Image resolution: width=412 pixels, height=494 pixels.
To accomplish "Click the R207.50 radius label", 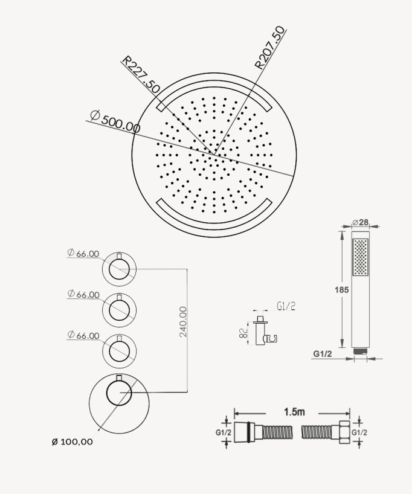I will (x=269, y=48).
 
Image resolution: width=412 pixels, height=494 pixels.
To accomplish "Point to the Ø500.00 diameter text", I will (x=115, y=121).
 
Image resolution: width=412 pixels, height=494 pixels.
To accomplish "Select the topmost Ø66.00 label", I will (x=83, y=254).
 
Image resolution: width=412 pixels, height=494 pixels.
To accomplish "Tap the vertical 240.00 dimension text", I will (x=183, y=321).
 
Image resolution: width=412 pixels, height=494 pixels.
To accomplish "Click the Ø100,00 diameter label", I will (x=72, y=441).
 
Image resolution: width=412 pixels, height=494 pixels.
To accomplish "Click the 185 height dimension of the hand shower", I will (x=341, y=290).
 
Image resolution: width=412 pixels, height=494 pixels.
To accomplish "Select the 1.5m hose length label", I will (x=294, y=412).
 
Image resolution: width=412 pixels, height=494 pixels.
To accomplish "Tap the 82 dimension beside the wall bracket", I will (x=243, y=333).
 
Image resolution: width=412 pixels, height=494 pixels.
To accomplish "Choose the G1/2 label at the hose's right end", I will (x=359, y=432).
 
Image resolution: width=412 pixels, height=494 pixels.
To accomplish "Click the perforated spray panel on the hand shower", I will (x=361, y=257).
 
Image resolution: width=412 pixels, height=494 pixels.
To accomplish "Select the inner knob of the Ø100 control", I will (x=119, y=393).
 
